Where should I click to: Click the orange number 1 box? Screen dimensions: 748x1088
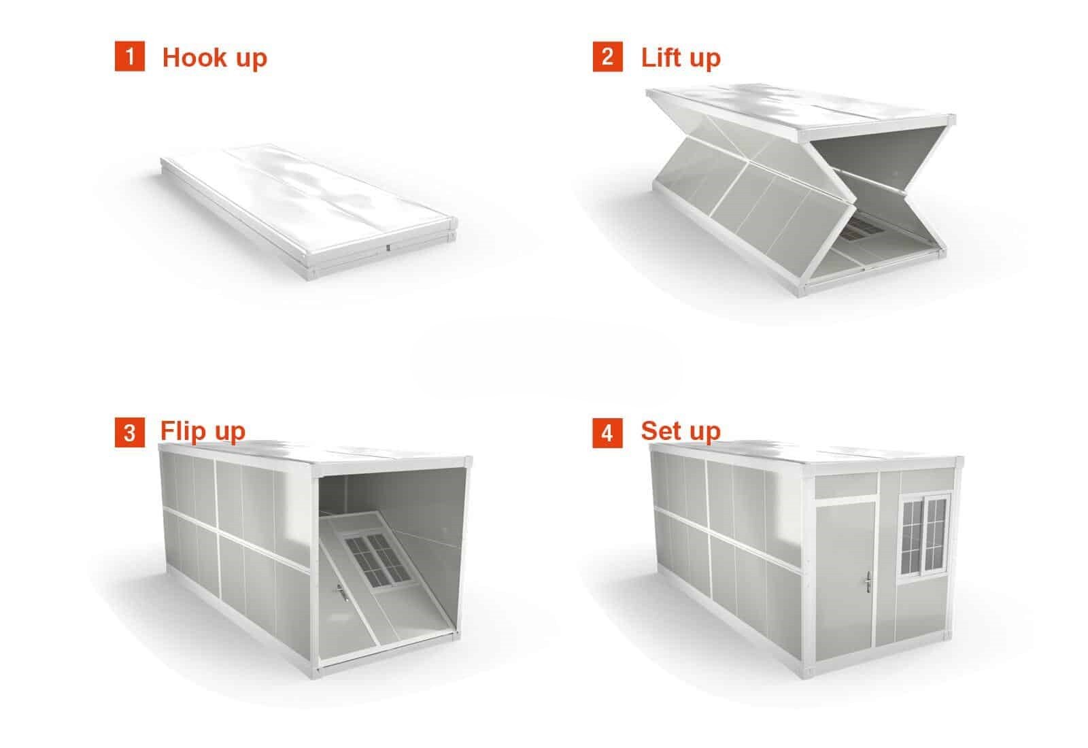click(129, 56)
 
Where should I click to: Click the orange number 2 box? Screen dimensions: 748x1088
click(607, 56)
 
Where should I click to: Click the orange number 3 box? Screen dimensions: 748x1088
click(129, 433)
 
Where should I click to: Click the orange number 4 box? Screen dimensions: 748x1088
click(607, 433)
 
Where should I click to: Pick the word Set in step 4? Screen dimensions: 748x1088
click(661, 430)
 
